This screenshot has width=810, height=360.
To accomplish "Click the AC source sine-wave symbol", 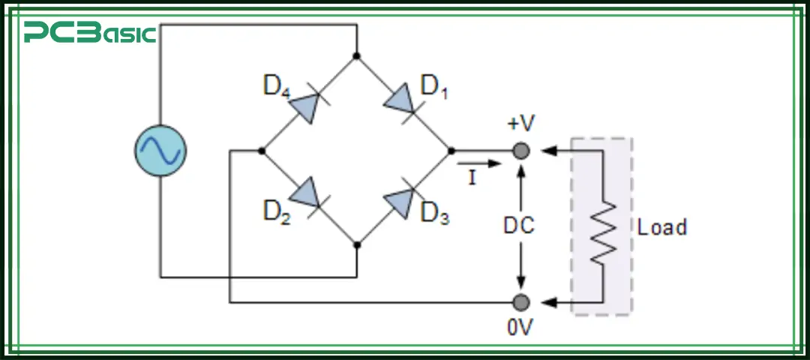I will tap(160, 151).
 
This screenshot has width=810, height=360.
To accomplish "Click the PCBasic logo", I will tap(89, 33).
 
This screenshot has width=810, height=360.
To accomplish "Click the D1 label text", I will tap(435, 86).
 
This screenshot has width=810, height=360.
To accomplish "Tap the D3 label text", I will tap(435, 213).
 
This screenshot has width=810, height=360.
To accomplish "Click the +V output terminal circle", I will tap(520, 151).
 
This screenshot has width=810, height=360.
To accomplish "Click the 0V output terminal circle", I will tap(520, 302).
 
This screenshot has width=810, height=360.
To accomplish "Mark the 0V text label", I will tap(520, 328).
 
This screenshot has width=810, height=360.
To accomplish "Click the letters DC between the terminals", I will tap(520, 226).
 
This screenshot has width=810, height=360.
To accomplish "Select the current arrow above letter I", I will tap(475, 163).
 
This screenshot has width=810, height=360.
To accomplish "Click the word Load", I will tap(661, 227).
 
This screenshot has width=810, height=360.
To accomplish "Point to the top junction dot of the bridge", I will tap(356, 55).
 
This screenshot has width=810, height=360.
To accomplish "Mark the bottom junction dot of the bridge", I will tap(356, 244).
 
